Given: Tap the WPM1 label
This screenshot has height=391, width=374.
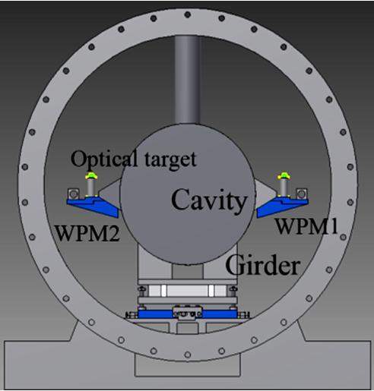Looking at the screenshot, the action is [x=306, y=226].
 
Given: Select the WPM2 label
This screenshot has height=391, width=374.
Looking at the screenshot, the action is [x=87, y=233].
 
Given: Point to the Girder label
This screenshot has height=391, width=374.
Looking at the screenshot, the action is [x=263, y=264].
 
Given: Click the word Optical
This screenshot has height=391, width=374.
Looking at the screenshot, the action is [x=104, y=159].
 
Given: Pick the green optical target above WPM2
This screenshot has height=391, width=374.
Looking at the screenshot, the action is [x=91, y=175].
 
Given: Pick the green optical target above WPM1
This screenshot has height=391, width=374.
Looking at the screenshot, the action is [x=284, y=175].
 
